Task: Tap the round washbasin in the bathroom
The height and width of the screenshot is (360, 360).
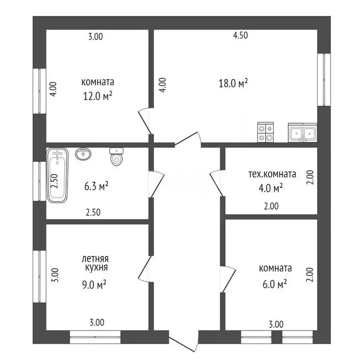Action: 84,154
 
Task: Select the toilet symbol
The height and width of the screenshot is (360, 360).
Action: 116,157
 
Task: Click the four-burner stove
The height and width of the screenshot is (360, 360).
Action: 266,132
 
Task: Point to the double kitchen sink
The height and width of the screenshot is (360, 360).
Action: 303,133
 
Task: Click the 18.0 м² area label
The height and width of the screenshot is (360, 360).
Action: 233,83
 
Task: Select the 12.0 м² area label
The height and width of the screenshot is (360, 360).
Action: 97,96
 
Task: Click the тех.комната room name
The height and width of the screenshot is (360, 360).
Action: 272,174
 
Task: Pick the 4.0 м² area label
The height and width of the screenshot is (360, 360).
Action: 272,188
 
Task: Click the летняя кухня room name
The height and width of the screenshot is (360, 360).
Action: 95,263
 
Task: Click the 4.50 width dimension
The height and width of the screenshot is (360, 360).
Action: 240,35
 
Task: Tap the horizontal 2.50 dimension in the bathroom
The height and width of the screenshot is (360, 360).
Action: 93,212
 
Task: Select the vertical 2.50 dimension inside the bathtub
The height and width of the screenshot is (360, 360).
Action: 54,181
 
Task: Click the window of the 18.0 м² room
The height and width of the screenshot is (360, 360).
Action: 322,79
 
